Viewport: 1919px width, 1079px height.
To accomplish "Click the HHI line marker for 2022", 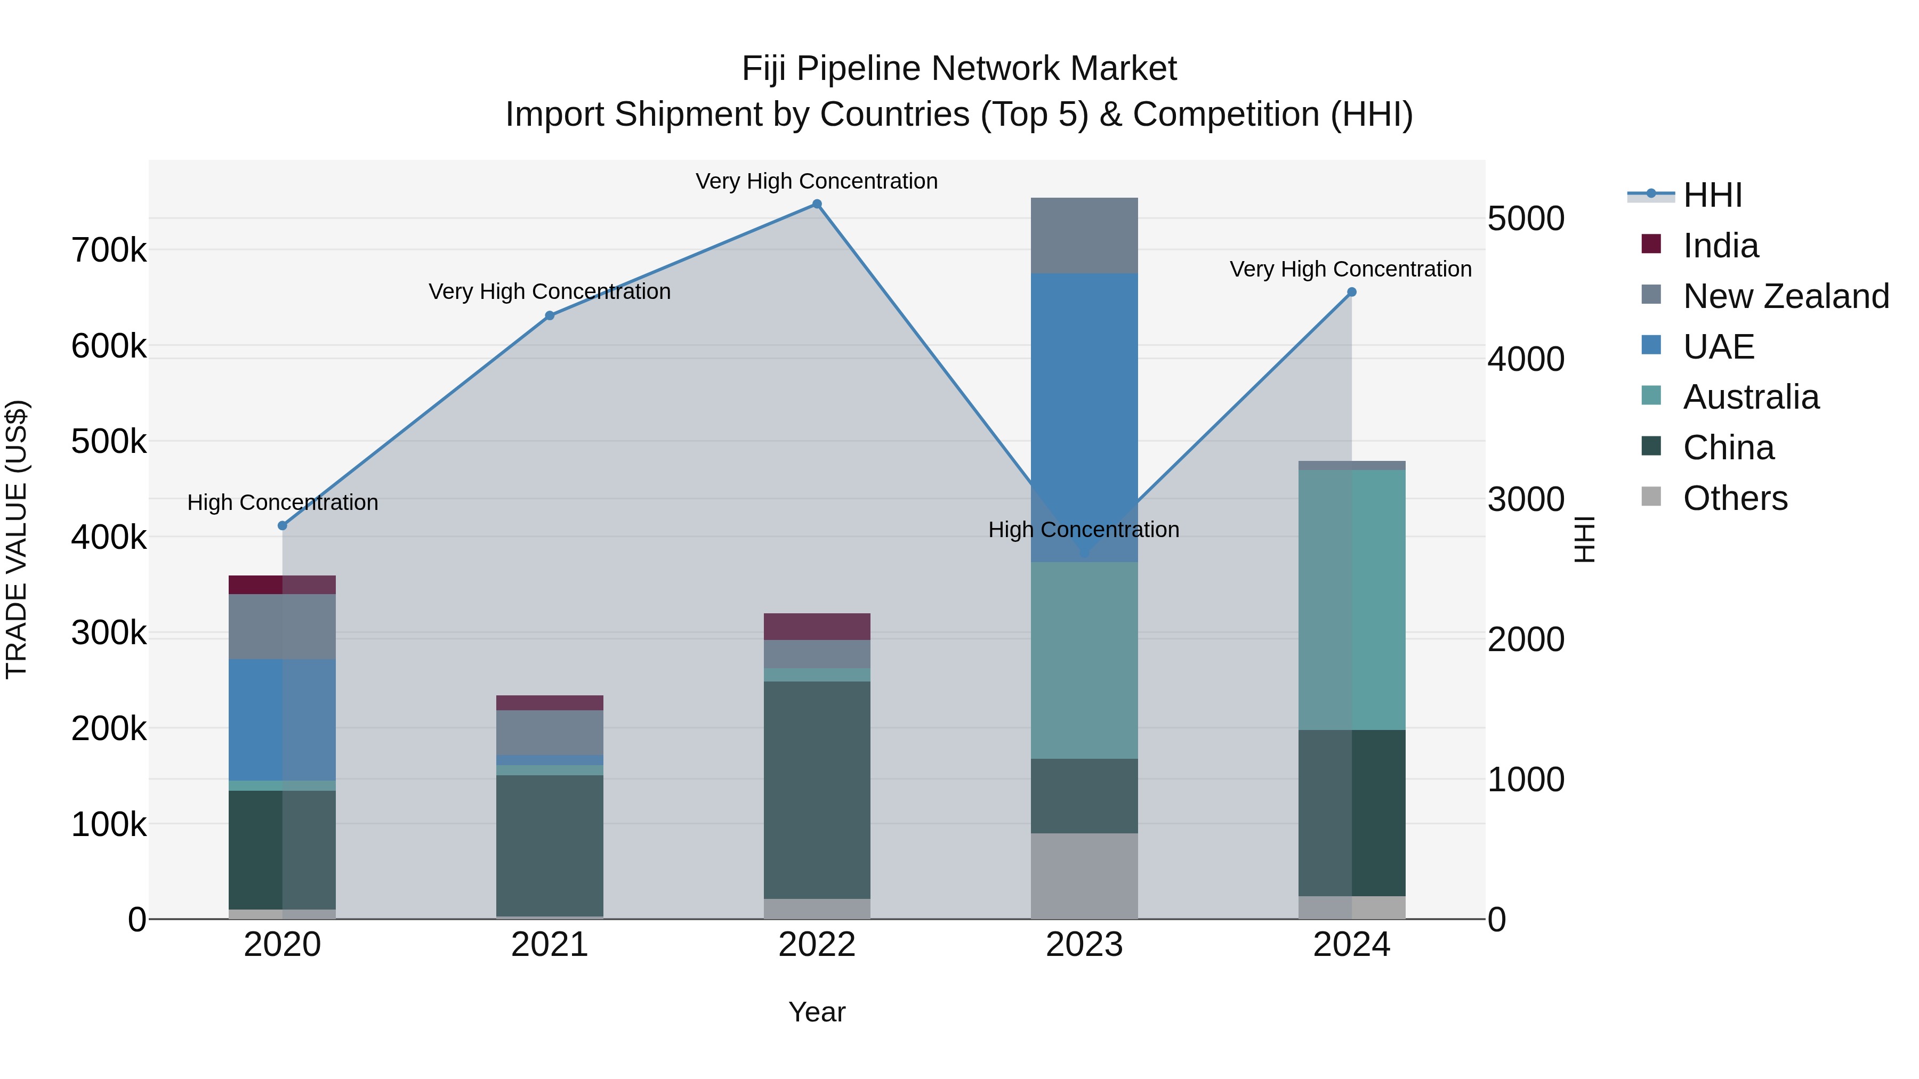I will click(x=817, y=204).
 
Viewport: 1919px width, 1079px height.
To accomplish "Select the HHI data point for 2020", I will click(x=283, y=526).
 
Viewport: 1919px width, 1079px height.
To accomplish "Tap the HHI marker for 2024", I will click(x=1351, y=293).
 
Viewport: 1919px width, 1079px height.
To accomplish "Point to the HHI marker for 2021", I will click(x=550, y=316).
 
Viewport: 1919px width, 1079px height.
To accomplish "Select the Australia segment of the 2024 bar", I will click(x=1351, y=599).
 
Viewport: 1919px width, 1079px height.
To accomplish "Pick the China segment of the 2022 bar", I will click(x=817, y=789).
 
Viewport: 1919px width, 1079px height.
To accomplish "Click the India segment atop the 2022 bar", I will click(x=817, y=626).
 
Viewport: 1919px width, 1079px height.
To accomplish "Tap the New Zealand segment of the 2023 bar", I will click(x=1084, y=236).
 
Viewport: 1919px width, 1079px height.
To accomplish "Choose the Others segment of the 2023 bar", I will click(x=1084, y=875).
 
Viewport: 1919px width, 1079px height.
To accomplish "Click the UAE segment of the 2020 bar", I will click(x=283, y=719).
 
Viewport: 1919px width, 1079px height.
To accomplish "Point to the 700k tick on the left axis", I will click(x=109, y=250).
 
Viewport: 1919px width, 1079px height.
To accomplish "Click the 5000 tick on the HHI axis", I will click(x=1526, y=219).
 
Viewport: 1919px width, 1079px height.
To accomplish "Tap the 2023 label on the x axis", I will click(x=1084, y=945).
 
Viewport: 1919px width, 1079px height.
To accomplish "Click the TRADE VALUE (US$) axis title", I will click(x=17, y=539).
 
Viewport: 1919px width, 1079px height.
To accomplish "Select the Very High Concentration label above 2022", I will click(x=817, y=181).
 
